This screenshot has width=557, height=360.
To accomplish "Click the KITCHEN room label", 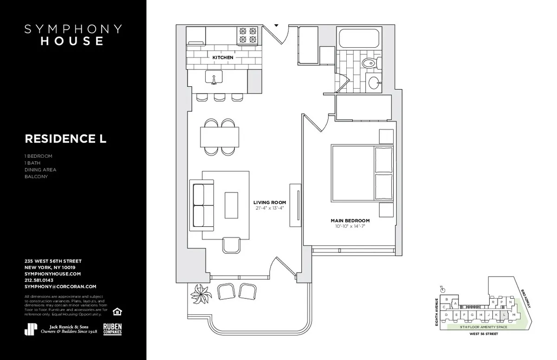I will [223, 58].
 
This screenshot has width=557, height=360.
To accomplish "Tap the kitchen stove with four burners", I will [248, 37].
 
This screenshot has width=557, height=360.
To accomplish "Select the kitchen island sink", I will [214, 79].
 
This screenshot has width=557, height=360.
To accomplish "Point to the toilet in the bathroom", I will [369, 63].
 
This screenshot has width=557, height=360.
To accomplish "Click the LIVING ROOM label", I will [269, 203].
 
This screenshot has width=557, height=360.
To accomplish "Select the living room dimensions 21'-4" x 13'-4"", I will [269, 208].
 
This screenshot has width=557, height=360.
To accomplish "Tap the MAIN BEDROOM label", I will [350, 220].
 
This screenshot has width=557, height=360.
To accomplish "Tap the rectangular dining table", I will [220, 136].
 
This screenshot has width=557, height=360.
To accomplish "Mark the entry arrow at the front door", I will [276, 26].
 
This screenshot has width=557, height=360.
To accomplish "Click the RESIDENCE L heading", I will [65, 139].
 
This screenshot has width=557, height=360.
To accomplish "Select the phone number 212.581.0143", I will [39, 280].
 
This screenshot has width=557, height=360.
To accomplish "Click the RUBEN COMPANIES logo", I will [112, 328].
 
